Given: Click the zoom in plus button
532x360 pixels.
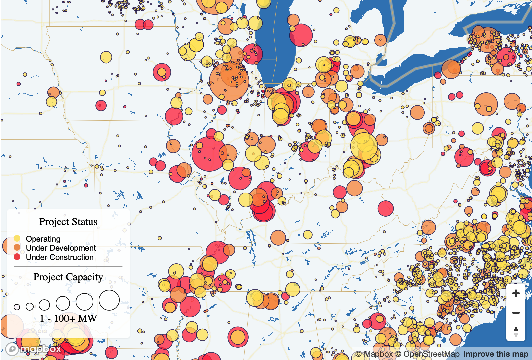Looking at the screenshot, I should pos(516,293).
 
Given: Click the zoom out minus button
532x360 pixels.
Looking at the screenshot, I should pos(516,312).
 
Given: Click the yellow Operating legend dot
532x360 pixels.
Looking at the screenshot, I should pos(17,238).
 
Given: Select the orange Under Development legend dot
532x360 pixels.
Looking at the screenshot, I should pos(17,247).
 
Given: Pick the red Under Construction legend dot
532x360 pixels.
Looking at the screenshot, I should pos(17,257).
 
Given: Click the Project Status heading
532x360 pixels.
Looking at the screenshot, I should pos(68,222).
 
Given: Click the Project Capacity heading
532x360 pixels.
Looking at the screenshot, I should pos(68,277).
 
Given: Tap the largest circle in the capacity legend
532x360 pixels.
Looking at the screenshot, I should pos(109,300).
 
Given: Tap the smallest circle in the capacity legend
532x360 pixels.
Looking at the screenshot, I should pos(17,307).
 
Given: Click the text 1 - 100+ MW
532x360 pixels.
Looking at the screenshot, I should pos(68,318).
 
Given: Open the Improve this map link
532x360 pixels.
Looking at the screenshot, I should pos(496,354).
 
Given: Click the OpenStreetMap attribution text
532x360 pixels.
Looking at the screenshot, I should pos(427,354).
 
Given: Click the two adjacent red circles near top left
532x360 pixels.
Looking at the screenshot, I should pos(144,24).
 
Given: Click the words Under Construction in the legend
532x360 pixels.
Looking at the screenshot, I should pos(60,257).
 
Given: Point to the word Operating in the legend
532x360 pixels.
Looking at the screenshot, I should pos(43,239).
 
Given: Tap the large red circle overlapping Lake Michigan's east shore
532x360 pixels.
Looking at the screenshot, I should pos(301,35).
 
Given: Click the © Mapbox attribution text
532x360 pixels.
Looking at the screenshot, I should pos(375,354).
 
